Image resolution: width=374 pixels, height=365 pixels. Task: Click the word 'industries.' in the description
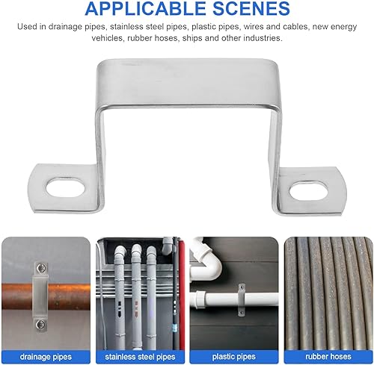click(261, 39)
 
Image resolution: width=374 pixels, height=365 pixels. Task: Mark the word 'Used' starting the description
click(28, 27)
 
